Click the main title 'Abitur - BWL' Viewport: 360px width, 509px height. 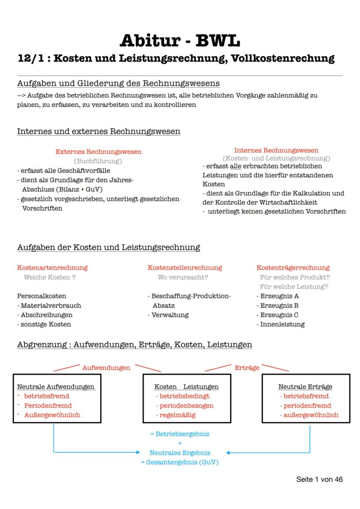pyautogui.click(x=180, y=40)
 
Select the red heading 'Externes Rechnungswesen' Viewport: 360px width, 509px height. pyautogui.click(x=98, y=152)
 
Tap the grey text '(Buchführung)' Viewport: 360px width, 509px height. pyautogui.click(x=98, y=161)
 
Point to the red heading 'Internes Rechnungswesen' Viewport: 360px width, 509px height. pyautogui.click(x=276, y=150)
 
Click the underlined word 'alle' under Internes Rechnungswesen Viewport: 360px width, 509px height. pyautogui.click(x=236, y=166)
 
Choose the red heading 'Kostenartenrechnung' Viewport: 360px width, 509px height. pyautogui.click(x=52, y=268)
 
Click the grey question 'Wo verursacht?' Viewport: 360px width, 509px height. pyautogui.click(x=183, y=277)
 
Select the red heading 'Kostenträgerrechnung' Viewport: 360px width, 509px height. pyautogui.click(x=293, y=268)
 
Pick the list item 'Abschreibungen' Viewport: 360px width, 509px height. pyautogui.click(x=47, y=315)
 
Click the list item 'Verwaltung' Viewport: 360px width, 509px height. pyautogui.click(x=170, y=315)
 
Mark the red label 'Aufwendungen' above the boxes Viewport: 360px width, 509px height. pyautogui.click(x=106, y=368)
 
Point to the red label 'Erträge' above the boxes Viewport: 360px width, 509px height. pyautogui.click(x=247, y=368)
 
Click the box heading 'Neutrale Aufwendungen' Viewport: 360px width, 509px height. pyautogui.click(x=56, y=387)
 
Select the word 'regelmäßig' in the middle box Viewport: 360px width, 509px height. pyautogui.click(x=177, y=415)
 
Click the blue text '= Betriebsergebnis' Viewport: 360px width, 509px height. pyautogui.click(x=180, y=434)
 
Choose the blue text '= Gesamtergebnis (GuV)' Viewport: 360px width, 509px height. pyautogui.click(x=180, y=462)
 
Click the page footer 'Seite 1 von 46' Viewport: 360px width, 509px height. pyautogui.click(x=320, y=479)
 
